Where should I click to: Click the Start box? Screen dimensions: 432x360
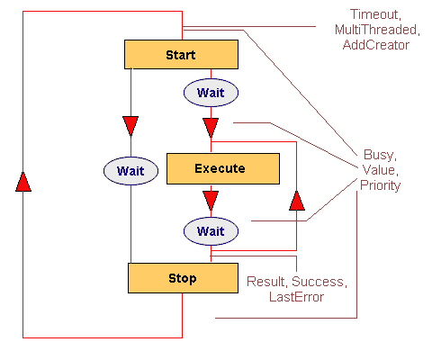pos(181,54)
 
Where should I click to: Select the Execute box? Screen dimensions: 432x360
pos(223,168)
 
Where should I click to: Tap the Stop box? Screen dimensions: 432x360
pos(183,278)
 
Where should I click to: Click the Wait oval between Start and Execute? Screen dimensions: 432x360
pos(211,93)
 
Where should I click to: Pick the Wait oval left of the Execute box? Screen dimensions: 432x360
pos(130,171)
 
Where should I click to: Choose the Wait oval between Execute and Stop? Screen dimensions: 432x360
pos(211,231)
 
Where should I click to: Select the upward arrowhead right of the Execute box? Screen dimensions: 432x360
pos(297,201)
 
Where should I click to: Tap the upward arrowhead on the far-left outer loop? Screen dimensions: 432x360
pos(23,182)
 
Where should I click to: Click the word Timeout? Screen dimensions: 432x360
pos(375,14)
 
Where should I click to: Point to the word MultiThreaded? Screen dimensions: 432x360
pos(377,30)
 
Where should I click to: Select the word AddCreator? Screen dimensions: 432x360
pos(376,45)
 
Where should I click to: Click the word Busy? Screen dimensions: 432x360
pos(380,155)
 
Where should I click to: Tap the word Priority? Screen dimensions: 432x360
pos(381,185)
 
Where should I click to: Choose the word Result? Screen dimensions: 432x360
pos(266,282)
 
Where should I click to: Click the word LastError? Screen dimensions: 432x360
pos(296,297)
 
